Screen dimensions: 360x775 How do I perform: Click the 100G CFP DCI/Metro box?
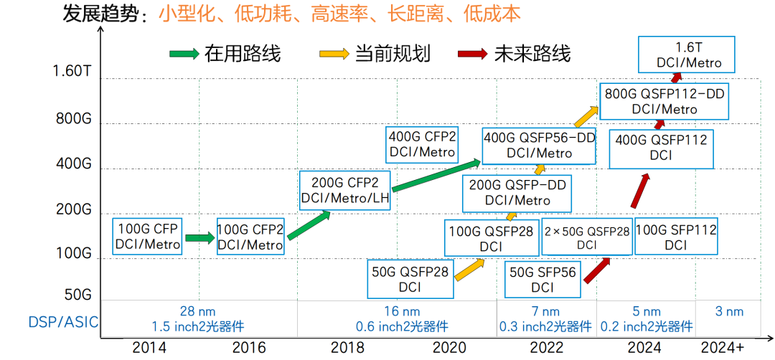147,237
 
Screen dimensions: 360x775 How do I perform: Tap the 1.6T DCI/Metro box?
689,55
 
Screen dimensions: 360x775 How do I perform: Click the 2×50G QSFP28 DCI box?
587,237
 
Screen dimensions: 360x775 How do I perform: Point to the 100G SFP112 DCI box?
676,237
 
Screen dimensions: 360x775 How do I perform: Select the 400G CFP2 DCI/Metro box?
422,144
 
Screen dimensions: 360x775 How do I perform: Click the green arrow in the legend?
184,55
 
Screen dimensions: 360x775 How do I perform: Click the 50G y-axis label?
77,295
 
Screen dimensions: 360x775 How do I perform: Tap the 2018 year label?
348,348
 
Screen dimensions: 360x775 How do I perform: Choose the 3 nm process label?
728,312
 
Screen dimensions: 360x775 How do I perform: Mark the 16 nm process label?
401,312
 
